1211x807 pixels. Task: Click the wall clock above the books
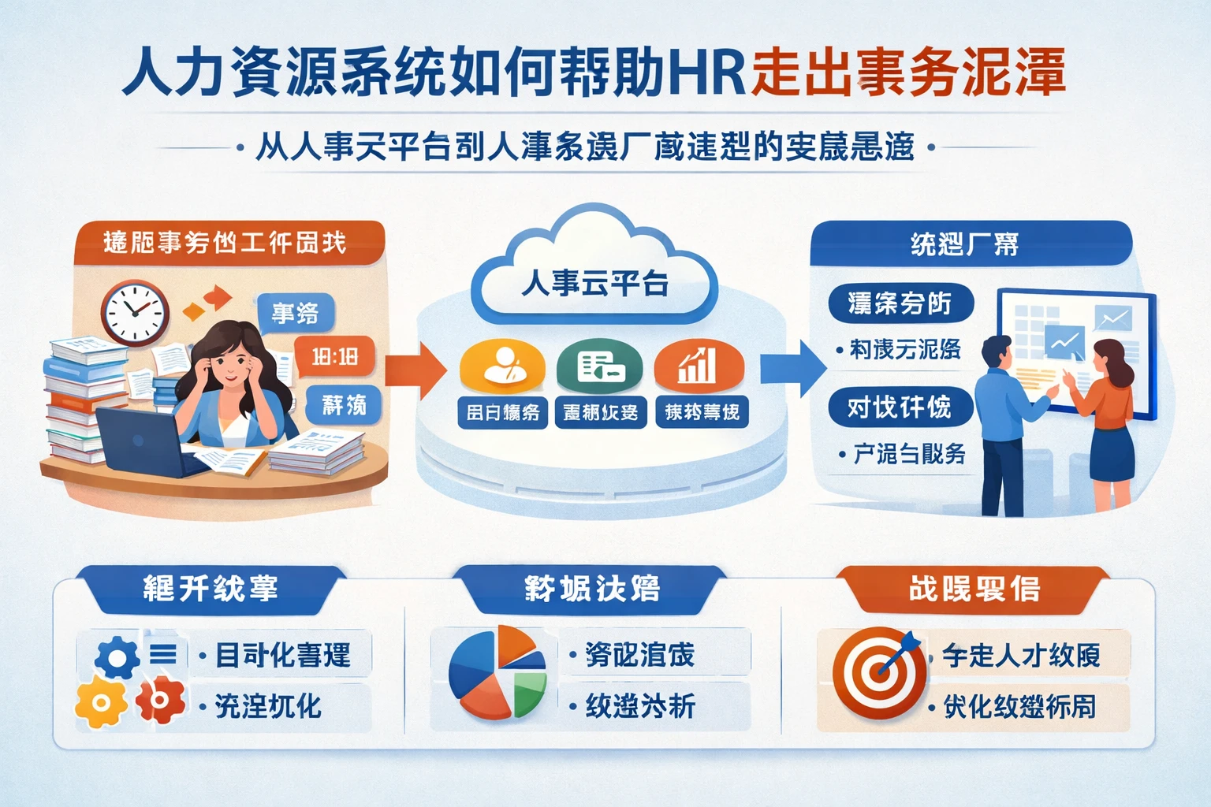click(135, 313)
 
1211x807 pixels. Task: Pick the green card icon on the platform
click(600, 366)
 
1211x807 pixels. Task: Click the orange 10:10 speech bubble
click(334, 357)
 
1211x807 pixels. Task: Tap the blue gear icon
click(117, 656)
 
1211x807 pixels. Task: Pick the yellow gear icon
click(101, 701)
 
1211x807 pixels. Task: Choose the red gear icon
click(160, 700)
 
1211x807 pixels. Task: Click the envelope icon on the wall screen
click(1113, 319)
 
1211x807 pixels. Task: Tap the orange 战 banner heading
click(974, 589)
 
